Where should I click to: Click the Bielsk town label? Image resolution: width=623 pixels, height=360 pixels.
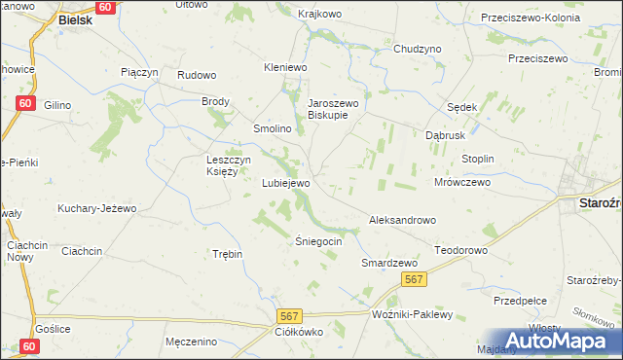75,18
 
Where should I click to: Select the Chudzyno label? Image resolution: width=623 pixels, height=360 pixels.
418,48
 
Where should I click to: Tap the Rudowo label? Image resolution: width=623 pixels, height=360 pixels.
195,74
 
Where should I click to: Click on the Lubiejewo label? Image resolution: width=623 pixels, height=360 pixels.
286,183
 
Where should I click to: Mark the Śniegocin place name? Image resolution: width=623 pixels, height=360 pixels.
318,240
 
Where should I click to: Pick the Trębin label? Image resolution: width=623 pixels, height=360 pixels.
227,253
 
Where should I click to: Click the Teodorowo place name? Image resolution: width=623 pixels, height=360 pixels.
460,250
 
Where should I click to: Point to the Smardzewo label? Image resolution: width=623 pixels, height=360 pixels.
389,263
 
